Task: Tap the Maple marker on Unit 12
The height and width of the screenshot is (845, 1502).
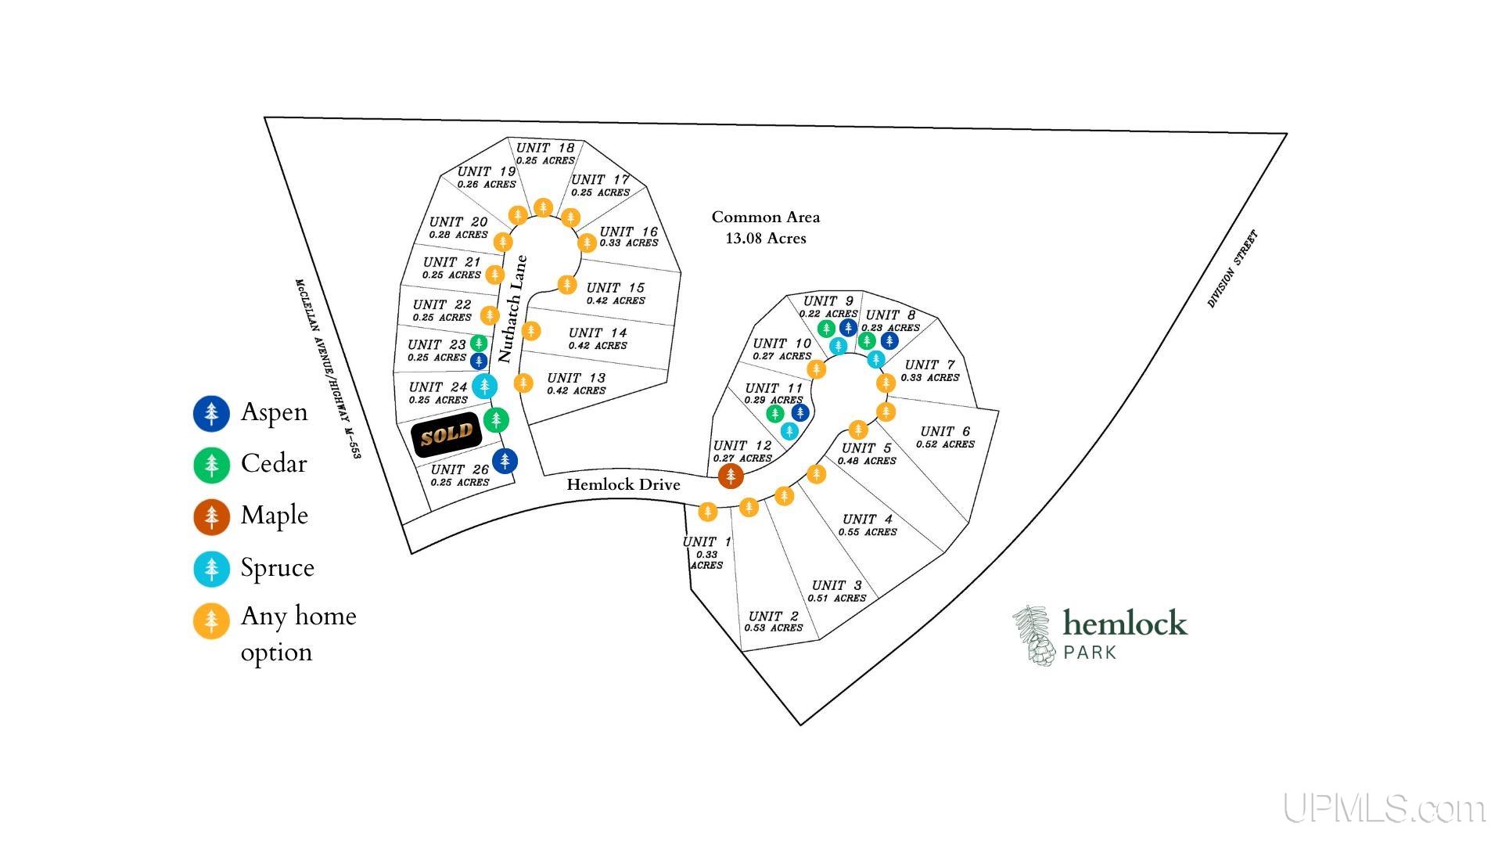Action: (731, 475)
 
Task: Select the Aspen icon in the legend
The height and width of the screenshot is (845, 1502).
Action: (211, 413)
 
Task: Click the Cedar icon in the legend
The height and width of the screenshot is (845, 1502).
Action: (211, 465)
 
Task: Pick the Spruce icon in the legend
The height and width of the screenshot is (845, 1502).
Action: (211, 569)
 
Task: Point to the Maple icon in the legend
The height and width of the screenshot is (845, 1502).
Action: (211, 517)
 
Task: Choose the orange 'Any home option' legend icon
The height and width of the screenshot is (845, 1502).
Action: (211, 621)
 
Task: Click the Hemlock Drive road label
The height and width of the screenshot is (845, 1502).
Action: (623, 484)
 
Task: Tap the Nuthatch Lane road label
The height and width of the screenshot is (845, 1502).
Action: (512, 309)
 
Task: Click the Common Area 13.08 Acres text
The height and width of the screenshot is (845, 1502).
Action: (765, 228)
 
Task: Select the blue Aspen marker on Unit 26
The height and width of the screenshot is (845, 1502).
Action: (505, 461)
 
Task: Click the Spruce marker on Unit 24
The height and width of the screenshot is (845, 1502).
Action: (485, 385)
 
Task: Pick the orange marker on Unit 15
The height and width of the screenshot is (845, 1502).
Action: (567, 284)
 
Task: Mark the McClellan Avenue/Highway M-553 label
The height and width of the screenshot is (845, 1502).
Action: (328, 368)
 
